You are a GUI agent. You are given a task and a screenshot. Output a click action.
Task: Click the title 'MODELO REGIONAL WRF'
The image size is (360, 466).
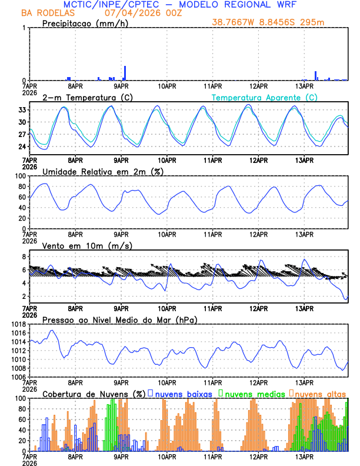point(244,5)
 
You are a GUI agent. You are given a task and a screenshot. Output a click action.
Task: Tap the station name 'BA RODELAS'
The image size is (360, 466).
point(45,13)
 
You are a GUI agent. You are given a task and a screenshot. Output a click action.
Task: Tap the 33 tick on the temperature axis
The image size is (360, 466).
point(22,110)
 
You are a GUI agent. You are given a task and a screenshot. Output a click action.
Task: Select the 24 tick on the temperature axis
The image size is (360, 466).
point(22,147)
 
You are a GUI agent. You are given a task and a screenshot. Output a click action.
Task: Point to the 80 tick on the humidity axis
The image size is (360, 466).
point(21,187)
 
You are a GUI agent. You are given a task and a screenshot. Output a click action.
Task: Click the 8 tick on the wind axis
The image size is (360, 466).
point(24,257)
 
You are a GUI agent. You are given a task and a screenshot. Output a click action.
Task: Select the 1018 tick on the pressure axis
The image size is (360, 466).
point(18,324)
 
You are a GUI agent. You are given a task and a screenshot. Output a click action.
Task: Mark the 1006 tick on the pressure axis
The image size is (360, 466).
point(18,377)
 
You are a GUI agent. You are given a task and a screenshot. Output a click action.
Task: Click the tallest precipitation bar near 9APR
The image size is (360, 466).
point(125,74)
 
